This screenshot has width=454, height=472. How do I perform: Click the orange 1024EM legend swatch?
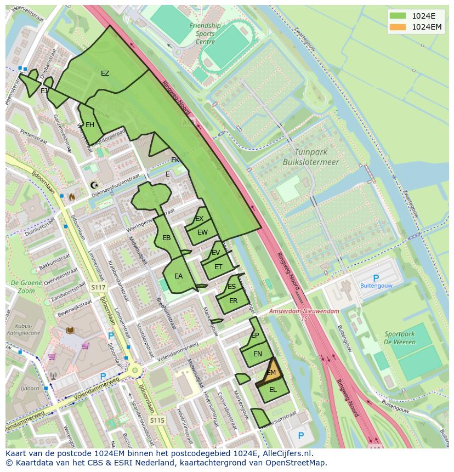click(x=399, y=27)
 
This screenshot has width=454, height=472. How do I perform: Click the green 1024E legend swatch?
click(x=399, y=16)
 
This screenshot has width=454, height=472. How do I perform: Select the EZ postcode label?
click(x=105, y=73)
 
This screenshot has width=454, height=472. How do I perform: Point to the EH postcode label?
click(x=90, y=125)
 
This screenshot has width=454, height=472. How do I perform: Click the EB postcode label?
click(x=167, y=238)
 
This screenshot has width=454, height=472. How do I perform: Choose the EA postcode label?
click(x=178, y=276)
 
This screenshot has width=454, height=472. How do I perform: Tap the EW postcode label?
click(x=203, y=232)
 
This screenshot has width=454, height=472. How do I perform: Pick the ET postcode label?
click(x=218, y=267)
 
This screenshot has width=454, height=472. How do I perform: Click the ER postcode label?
click(x=233, y=301)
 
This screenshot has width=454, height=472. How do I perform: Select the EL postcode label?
click(x=273, y=390)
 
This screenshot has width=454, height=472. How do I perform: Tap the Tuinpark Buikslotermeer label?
click(x=310, y=157)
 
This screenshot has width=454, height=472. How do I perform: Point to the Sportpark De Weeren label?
click(x=400, y=338)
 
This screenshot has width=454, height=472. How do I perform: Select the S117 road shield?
click(x=98, y=287)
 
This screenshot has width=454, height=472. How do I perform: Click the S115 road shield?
click(x=157, y=420)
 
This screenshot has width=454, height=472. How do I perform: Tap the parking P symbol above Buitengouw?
click(x=376, y=278)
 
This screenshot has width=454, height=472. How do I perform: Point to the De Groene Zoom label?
click(x=22, y=287)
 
